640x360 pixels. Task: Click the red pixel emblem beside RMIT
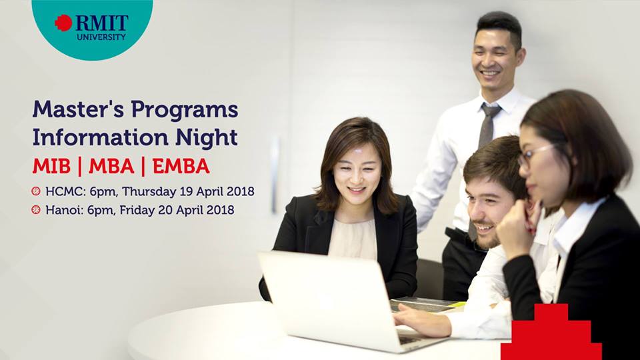point(63,23)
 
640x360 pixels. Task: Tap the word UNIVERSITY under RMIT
point(101,37)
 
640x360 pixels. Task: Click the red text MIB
point(51,166)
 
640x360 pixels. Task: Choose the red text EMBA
point(181,166)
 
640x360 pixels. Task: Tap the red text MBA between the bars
point(111,166)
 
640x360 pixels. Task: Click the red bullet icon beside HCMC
point(36,191)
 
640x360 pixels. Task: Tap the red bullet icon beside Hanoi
point(36,210)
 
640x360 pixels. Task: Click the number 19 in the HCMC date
point(186,191)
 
